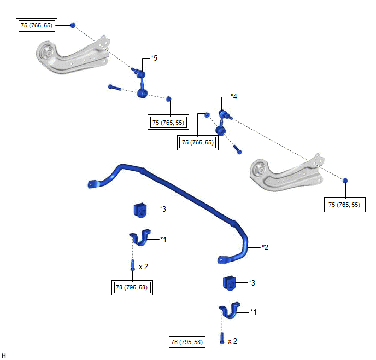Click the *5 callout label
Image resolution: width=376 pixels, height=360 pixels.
[154, 57]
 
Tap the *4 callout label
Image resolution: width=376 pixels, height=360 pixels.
[234, 97]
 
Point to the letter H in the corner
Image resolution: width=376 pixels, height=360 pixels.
[4, 355]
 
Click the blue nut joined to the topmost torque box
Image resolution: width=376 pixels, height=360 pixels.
[73, 25]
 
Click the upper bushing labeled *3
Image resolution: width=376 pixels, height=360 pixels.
[140, 210]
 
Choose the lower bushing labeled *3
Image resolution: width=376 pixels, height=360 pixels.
[228, 283]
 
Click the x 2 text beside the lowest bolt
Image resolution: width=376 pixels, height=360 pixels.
[233, 341]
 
